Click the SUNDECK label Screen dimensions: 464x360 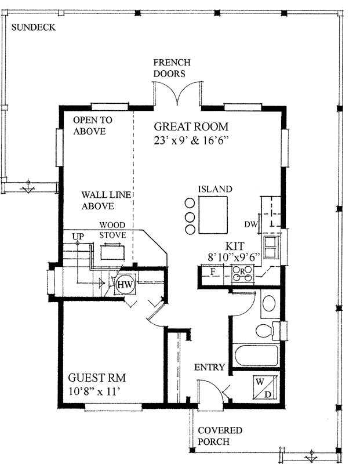pyautogui.click(x=33, y=27)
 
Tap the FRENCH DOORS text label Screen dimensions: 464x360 pyautogui.click(x=172, y=68)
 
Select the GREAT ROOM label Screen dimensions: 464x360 pyautogui.click(x=191, y=126)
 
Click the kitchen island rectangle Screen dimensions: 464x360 pyautogui.click(x=213, y=213)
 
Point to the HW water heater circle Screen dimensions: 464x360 pyautogui.click(x=124, y=285)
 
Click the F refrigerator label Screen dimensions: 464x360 pyautogui.click(x=212, y=271)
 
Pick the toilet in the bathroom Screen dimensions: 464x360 pyautogui.click(x=265, y=332)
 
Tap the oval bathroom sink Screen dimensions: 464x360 pyautogui.click(x=269, y=303)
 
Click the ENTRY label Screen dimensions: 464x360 pyautogui.click(x=209, y=367)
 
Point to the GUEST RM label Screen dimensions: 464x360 pyautogui.click(x=97, y=377)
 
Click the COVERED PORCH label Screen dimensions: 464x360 pyautogui.click(x=220, y=436)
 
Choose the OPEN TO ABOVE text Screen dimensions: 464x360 pyautogui.click(x=93, y=125)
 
